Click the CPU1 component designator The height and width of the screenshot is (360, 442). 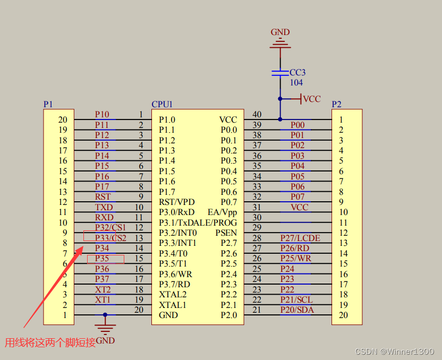point(162,104)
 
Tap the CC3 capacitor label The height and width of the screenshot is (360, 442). point(297,73)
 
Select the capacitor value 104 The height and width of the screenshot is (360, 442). point(296,83)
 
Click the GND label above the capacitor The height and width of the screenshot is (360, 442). point(280,32)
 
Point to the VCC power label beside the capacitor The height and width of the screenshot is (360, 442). point(312,99)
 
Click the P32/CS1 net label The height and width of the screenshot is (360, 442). point(110,228)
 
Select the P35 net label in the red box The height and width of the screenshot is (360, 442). point(102,259)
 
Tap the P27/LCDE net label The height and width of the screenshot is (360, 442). point(300,238)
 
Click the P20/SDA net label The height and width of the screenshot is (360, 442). point(297,310)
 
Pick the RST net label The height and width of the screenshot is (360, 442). point(103,197)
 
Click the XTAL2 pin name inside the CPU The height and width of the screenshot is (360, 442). point(173,294)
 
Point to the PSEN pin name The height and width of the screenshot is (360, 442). point(226,233)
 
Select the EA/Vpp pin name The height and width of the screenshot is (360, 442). point(222,212)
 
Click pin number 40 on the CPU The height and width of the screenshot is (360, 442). point(257,115)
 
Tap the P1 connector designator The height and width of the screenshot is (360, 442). point(48,104)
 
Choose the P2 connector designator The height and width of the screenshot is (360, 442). point(336,104)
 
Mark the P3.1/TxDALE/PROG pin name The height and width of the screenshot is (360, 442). point(198,222)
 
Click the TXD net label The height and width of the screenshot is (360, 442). point(104,207)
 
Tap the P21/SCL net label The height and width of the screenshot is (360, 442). point(296,300)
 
